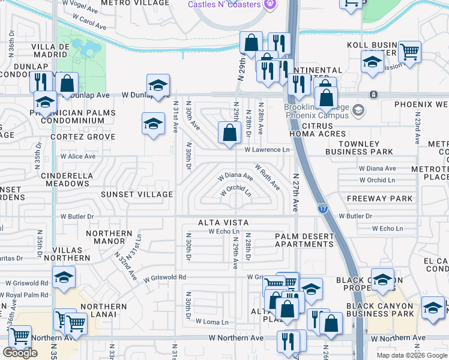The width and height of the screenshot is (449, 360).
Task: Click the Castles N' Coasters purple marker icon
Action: (x=270, y=5)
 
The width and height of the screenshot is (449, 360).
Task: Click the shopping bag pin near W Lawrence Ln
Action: (x=229, y=133)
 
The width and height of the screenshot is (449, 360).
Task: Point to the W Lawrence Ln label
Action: (x=267, y=150)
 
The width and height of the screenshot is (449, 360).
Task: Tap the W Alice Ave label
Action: (x=77, y=157)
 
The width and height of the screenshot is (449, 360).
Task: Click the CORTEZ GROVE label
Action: (x=83, y=137)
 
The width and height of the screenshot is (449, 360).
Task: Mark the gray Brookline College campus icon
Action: (x=358, y=110)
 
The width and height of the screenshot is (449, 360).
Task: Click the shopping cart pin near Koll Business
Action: (x=409, y=52)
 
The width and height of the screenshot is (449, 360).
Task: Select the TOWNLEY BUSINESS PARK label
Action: (x=359, y=148)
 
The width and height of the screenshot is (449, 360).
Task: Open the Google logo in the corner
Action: (x=20, y=352)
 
